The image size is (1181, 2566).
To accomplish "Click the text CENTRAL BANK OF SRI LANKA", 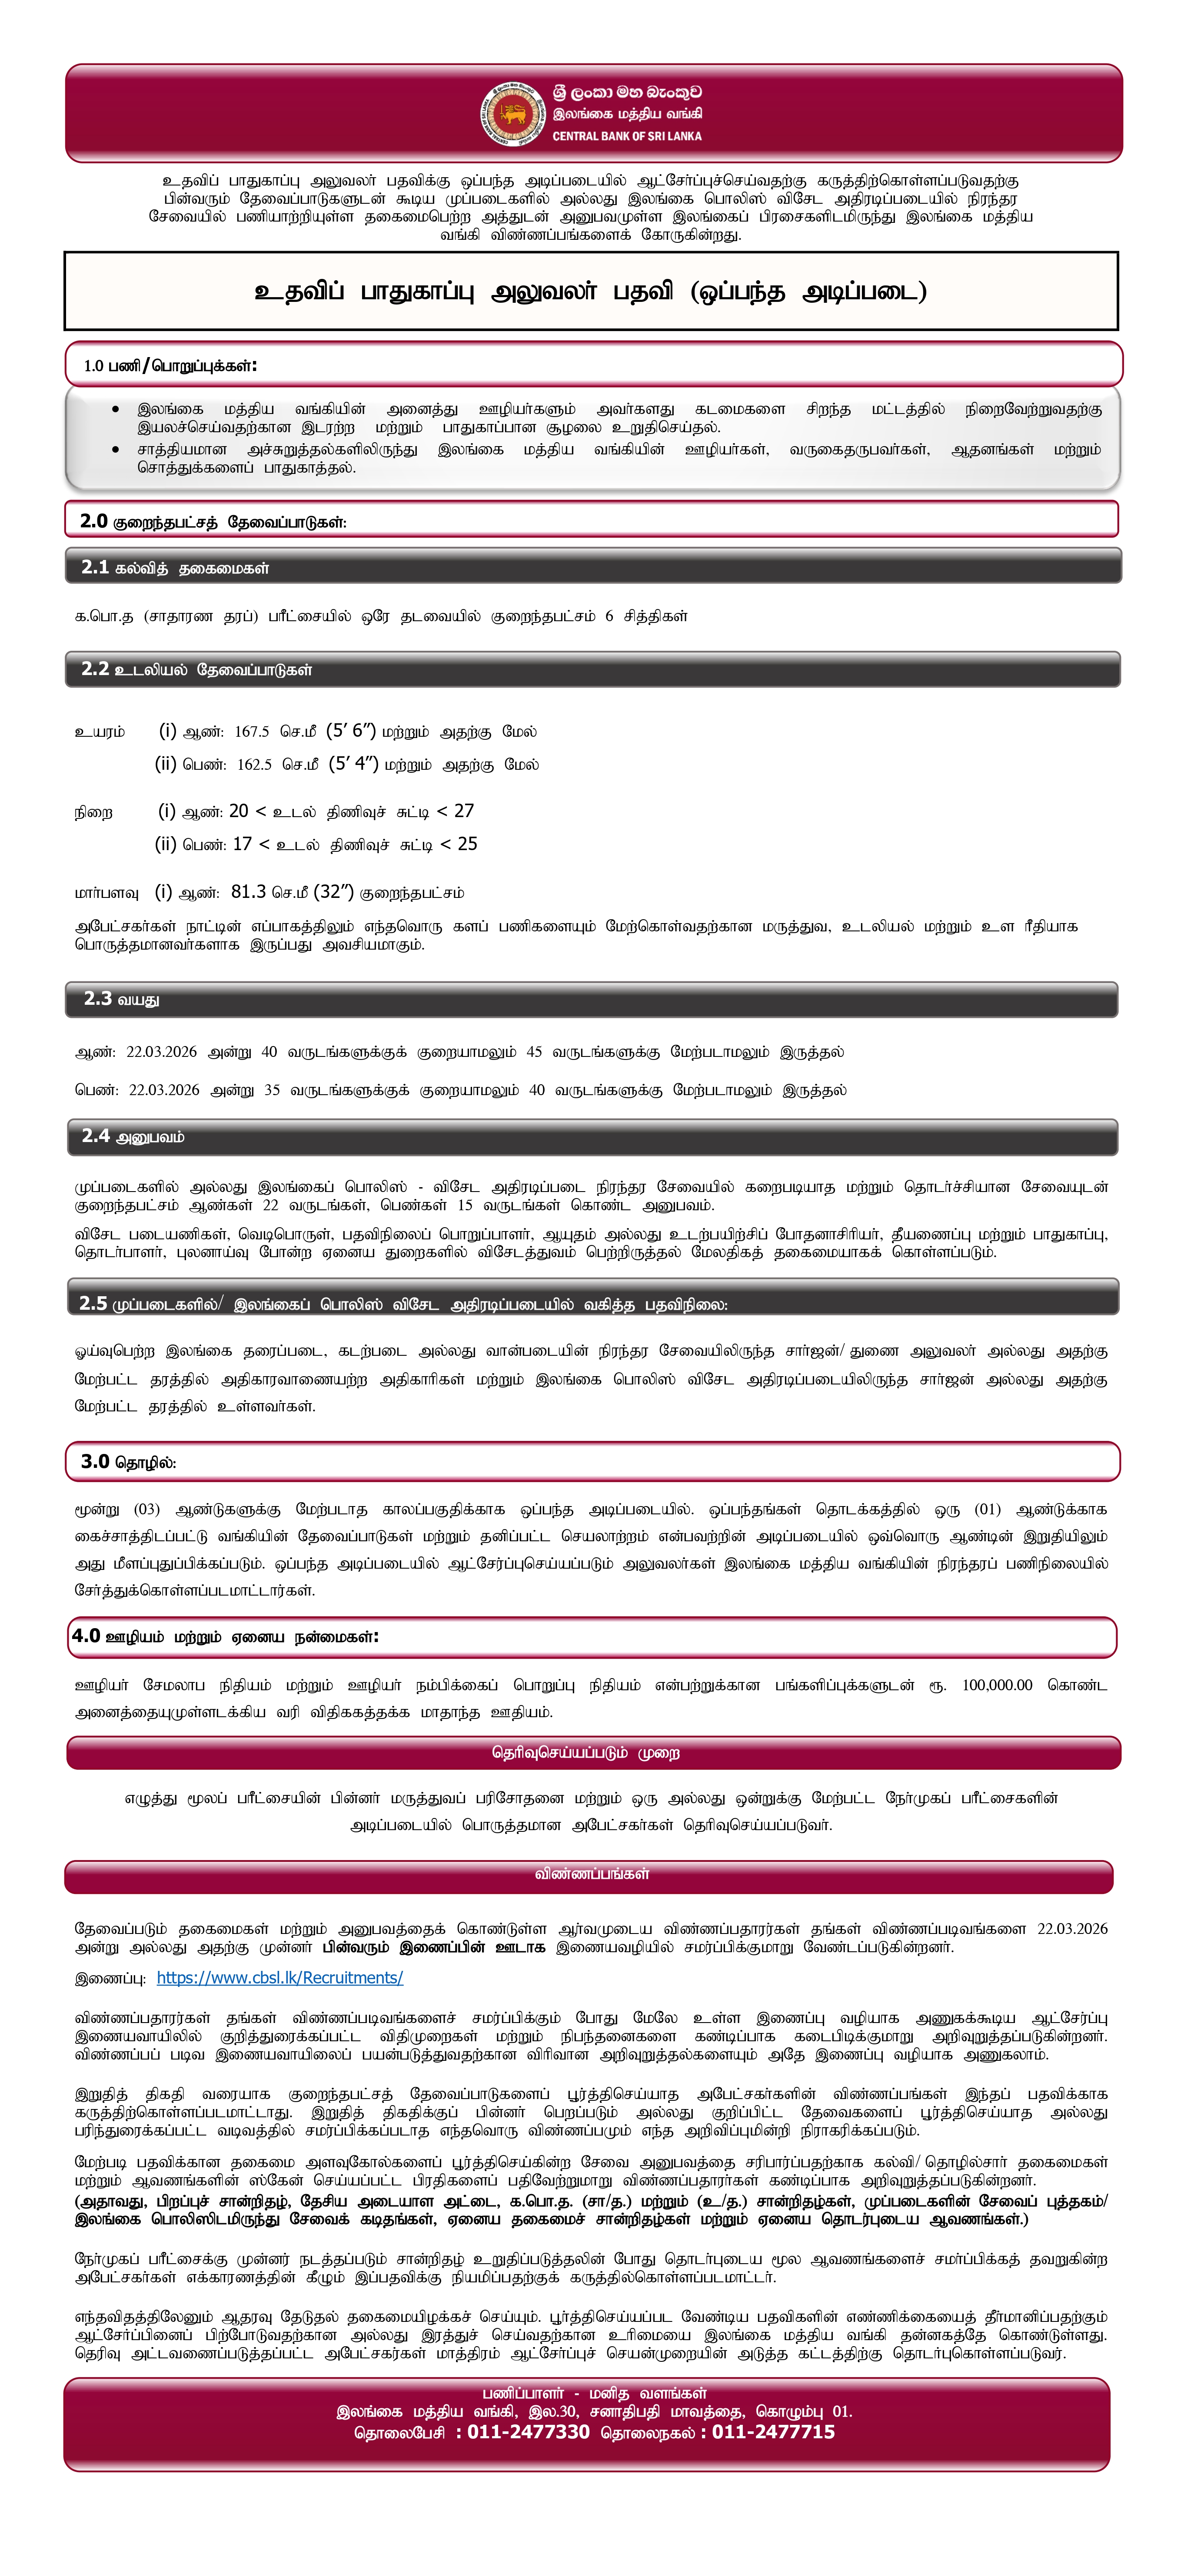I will pos(627,136).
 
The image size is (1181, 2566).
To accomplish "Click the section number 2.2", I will pos(95,669).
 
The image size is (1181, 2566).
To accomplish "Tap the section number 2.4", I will pos(96,1136).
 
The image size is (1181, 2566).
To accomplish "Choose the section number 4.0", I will pos(86,1637).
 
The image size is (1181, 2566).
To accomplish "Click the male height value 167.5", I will pos(251,732).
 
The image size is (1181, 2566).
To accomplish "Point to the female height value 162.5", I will pos(254,765).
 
